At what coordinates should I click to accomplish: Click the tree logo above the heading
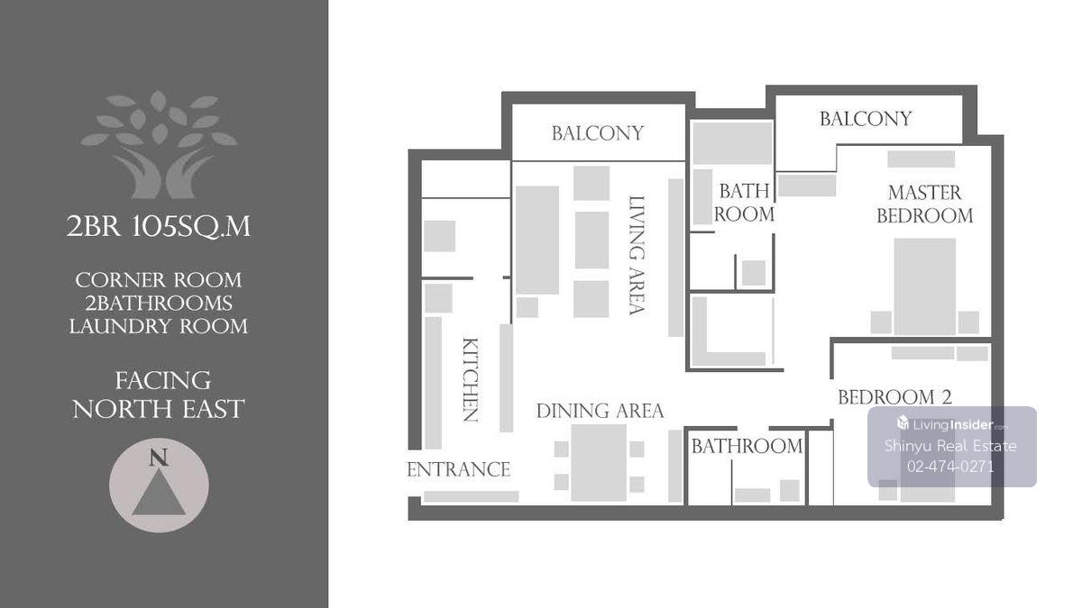click(x=159, y=145)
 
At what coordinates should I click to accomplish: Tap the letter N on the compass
click(x=159, y=458)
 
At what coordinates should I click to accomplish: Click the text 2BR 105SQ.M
click(x=159, y=226)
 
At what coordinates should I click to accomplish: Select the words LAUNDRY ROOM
click(x=159, y=326)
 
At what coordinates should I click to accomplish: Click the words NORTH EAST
click(x=159, y=409)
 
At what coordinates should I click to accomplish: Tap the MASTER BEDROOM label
click(x=924, y=204)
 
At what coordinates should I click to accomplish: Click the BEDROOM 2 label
click(x=894, y=397)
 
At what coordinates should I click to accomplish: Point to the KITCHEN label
click(x=471, y=380)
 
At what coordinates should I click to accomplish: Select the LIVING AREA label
click(x=637, y=255)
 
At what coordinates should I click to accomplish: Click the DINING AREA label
click(x=600, y=411)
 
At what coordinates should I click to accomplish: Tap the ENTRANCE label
click(x=458, y=469)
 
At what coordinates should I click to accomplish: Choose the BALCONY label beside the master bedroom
click(x=866, y=119)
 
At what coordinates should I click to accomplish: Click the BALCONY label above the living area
click(x=598, y=133)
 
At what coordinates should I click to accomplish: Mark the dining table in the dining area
click(x=599, y=463)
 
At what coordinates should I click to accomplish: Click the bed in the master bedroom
click(x=925, y=286)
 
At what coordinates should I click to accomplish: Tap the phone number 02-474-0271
click(x=950, y=467)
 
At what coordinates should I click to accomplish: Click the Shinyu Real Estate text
click(x=950, y=445)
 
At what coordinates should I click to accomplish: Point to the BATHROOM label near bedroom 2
click(x=747, y=447)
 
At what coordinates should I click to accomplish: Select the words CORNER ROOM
click(x=159, y=280)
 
